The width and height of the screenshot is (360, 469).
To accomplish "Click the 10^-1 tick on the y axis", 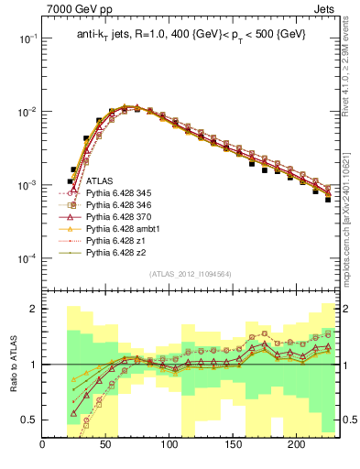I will (x=27, y=38).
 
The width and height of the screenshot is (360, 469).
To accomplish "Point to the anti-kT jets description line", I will (x=191, y=34).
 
